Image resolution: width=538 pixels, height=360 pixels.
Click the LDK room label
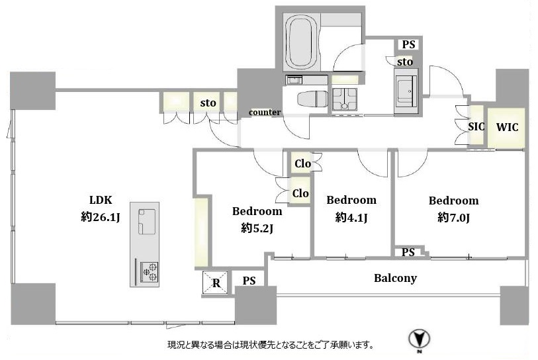click(x=101, y=200)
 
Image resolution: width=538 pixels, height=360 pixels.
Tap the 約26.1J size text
click(x=100, y=217)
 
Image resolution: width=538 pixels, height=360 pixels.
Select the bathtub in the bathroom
click(x=302, y=43)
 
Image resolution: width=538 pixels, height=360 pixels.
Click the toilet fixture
click(x=312, y=99)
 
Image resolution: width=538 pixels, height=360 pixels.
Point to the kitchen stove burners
click(x=150, y=272)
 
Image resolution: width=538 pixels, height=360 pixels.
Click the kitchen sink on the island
click(x=147, y=222)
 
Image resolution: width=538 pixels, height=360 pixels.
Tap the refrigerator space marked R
click(x=216, y=283)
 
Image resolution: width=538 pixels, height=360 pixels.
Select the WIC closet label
click(x=507, y=127)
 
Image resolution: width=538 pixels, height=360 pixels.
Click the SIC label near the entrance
click(x=476, y=126)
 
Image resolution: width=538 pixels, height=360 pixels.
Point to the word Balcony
click(x=395, y=278)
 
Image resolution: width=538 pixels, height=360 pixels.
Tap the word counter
click(x=265, y=112)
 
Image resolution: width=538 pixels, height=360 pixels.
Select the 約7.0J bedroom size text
click(x=453, y=218)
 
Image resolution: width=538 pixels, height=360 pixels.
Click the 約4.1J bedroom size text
click(x=351, y=217)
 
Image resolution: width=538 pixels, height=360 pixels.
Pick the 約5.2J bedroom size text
click(x=257, y=228)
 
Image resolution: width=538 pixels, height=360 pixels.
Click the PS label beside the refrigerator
click(x=249, y=281)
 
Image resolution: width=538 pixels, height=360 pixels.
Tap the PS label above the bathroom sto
click(x=408, y=44)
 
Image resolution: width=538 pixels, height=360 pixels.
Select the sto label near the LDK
click(x=208, y=103)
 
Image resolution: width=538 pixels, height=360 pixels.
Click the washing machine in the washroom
click(x=406, y=91)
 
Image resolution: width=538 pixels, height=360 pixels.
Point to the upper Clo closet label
click(x=302, y=163)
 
